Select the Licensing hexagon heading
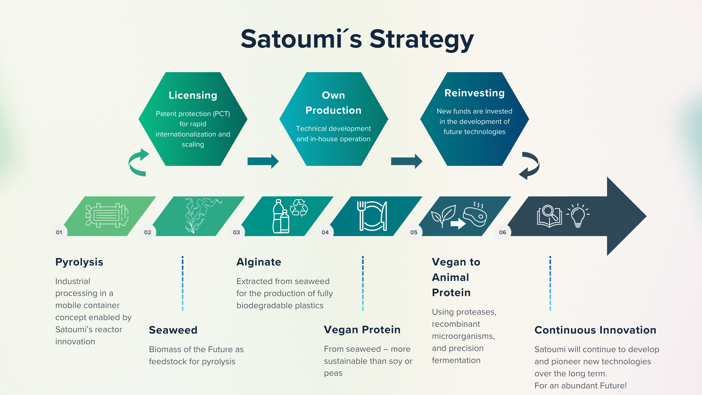click(x=193, y=95)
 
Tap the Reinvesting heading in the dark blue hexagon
click(x=474, y=93)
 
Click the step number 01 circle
click(x=59, y=232)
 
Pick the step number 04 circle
click(x=325, y=232)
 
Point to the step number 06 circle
click(x=502, y=232)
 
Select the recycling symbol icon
click(x=299, y=208)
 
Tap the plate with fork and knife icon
click(x=372, y=216)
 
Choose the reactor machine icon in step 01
click(x=107, y=215)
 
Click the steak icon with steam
click(x=475, y=215)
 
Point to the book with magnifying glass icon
click(x=549, y=216)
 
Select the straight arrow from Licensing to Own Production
click(x=263, y=161)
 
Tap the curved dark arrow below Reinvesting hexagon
click(x=529, y=165)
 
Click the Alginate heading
click(x=259, y=262)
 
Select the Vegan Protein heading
click(x=362, y=330)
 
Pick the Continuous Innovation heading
click(x=595, y=330)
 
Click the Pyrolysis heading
click(x=79, y=262)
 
